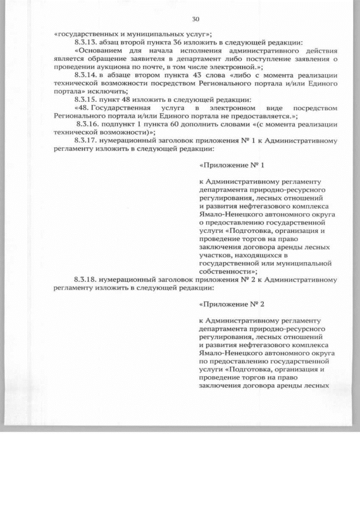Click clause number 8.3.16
click(x=88, y=124)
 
